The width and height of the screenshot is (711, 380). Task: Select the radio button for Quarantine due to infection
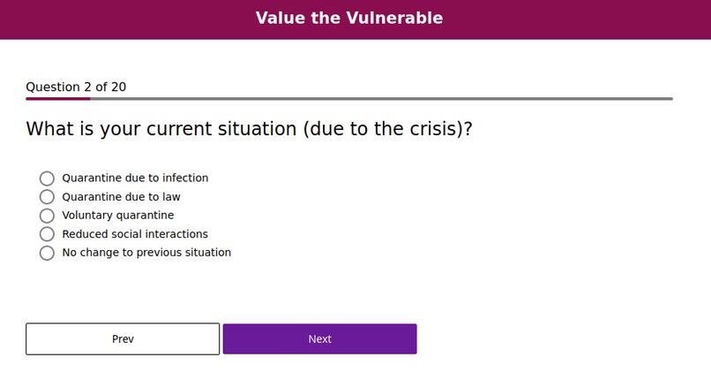click(x=47, y=179)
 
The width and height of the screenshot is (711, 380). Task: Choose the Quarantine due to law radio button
click(x=47, y=197)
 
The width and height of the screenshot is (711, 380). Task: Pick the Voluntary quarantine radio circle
click(x=47, y=216)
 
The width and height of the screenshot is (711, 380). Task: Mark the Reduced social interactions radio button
click(x=47, y=234)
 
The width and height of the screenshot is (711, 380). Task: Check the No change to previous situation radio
click(x=47, y=253)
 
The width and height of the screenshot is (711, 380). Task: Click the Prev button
click(x=123, y=339)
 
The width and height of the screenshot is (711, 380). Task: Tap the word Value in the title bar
click(x=280, y=18)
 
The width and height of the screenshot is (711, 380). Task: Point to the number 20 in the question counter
click(x=118, y=87)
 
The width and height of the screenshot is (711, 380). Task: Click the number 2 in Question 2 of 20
click(x=87, y=87)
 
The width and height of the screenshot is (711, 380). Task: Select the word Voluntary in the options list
click(x=88, y=215)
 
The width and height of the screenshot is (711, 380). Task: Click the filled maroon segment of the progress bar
click(x=57, y=99)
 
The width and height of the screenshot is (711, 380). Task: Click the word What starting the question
click(x=50, y=129)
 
